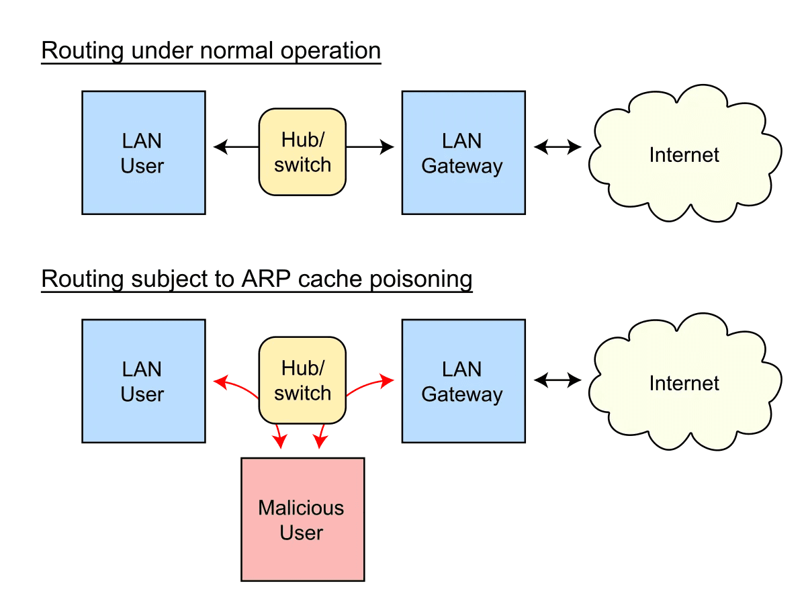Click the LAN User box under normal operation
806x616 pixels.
pos(143,152)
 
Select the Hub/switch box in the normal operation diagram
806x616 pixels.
pos(302,152)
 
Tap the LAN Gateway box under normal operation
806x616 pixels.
pos(463,152)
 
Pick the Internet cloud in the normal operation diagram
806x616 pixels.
pos(684,155)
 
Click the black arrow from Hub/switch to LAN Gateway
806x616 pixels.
pos(370,146)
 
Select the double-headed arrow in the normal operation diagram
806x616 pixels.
pos(557,146)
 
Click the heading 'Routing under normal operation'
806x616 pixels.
pos(211,51)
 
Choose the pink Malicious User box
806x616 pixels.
pos(302,519)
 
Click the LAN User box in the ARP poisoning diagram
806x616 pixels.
pos(143,381)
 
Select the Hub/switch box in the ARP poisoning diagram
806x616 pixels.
pos(302,380)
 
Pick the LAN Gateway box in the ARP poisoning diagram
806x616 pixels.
pos(463,381)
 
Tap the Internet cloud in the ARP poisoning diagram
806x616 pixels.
pos(684,383)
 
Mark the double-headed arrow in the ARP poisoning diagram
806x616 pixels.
pos(557,381)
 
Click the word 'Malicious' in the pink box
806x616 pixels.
pos(301,508)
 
